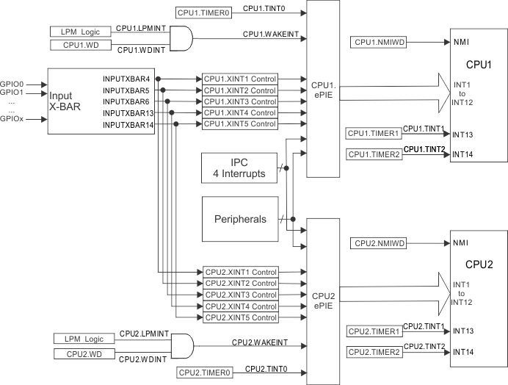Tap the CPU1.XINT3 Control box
(x=239, y=101)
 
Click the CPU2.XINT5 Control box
(x=239, y=317)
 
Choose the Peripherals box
(x=239, y=219)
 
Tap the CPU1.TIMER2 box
(x=374, y=154)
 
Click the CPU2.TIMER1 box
(x=374, y=331)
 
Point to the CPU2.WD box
(x=84, y=354)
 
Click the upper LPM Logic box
(x=81, y=32)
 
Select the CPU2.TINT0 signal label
(x=266, y=368)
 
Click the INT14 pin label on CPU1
(x=463, y=154)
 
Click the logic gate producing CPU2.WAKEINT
(x=182, y=345)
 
